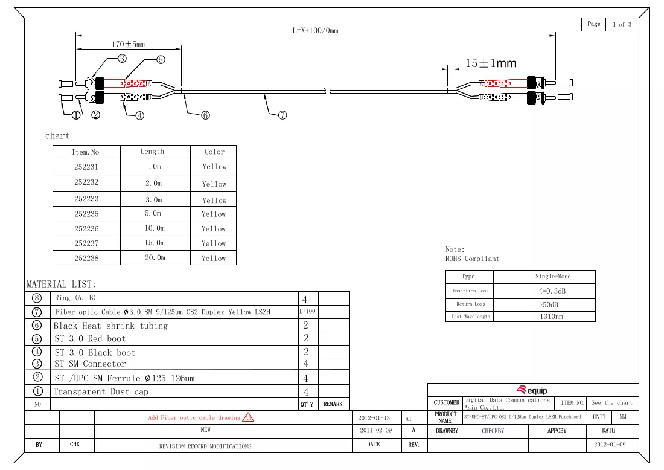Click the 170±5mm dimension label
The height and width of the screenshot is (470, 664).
click(x=129, y=44)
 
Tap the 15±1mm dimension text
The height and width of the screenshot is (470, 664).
click(x=491, y=63)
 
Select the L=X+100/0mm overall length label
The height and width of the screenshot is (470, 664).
click(x=316, y=31)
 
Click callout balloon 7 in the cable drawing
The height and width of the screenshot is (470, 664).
click(x=283, y=115)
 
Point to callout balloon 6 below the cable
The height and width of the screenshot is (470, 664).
click(x=205, y=115)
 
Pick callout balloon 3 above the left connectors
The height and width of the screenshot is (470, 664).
click(x=122, y=59)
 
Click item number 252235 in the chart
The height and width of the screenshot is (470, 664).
click(x=86, y=214)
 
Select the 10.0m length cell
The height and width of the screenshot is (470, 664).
click(x=155, y=228)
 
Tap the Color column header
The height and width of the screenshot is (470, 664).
click(x=214, y=152)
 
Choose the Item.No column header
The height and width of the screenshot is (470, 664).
click(x=85, y=152)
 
